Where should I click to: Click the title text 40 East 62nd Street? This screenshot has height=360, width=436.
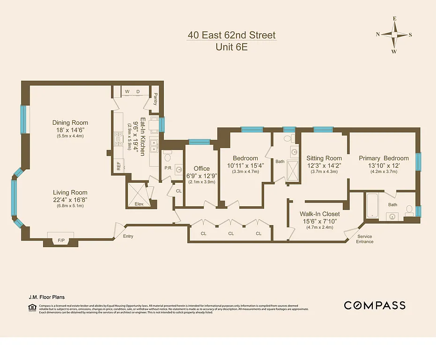tap(231, 35)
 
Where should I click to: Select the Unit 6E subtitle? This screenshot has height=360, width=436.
tap(231, 47)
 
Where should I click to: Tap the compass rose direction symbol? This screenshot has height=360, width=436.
tap(394, 35)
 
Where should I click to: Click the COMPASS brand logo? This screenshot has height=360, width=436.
tap(375, 306)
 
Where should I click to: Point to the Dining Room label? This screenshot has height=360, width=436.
tap(70, 123)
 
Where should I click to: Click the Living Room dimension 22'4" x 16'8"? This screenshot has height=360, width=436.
tap(70, 200)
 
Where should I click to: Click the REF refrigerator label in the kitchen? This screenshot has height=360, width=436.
tap(119, 166)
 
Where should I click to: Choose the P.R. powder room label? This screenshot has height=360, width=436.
tap(168, 168)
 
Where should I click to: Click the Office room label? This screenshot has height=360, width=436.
tap(202, 168)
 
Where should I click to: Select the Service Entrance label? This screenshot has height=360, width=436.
tap(364, 239)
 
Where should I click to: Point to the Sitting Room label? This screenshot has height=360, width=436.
tap(324, 158)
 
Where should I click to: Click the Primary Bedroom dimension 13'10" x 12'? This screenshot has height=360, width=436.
tap(384, 165)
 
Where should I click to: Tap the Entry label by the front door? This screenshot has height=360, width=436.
tap(128, 236)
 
